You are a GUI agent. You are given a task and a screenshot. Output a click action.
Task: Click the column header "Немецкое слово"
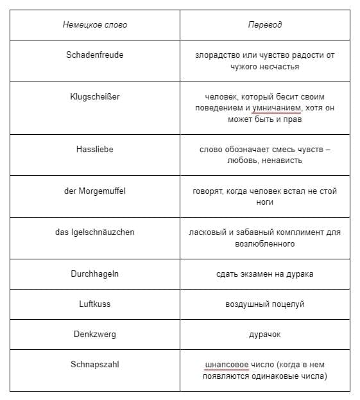pos(95,25)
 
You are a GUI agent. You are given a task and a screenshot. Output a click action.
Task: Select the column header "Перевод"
pos(264,25)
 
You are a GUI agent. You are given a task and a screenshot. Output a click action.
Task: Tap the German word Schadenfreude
pos(95,55)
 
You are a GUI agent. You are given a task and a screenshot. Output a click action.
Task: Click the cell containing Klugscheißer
pos(95,97)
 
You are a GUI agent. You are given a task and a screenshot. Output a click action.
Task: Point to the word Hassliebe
pos(95,149)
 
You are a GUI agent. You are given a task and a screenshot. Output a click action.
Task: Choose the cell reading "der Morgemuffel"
pos(95,191)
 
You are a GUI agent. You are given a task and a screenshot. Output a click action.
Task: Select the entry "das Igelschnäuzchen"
pos(95,232)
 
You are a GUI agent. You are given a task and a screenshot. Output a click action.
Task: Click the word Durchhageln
pos(95,274)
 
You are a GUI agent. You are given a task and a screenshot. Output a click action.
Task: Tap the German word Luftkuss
pos(95,304)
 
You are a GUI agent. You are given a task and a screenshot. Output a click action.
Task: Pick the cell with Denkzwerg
pos(95,334)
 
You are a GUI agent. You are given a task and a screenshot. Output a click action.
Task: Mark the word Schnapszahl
pos(95,365)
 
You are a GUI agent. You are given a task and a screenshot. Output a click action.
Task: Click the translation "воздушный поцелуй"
pos(264,304)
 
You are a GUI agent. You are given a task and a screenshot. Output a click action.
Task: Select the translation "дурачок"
pos(264,335)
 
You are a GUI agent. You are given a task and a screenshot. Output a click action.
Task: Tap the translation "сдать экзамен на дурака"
pos(264,274)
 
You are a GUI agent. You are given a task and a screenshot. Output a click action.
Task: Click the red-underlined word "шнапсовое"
pos(227,365)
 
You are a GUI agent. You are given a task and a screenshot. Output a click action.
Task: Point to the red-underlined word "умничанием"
pos(277,108)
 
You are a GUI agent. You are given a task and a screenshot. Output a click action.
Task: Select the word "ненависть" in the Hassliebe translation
pos(283,161)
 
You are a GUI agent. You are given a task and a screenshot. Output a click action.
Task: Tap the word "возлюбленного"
pos(264,244)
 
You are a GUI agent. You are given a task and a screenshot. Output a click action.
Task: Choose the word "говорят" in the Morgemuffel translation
pos(208,191)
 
